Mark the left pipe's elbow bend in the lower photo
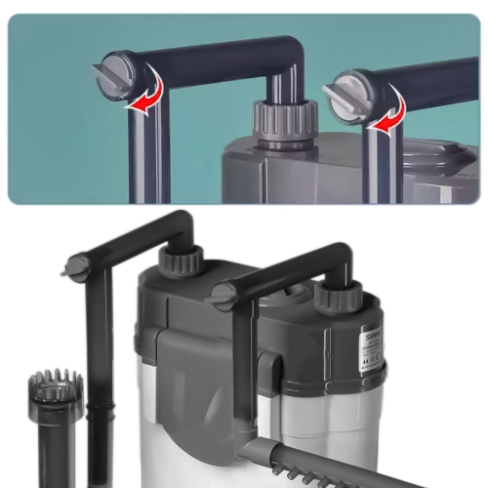[x=181, y=223]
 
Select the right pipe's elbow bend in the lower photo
[x=338, y=257]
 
